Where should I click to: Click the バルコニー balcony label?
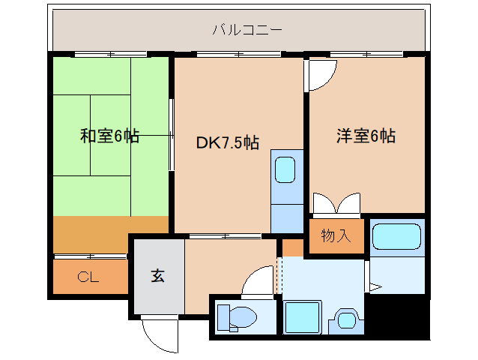pos(246,31)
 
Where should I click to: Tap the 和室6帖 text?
pos(109,136)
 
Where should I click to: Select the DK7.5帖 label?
pos(228,143)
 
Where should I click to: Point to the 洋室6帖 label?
pos(365,136)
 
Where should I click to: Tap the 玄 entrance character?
pos(158,275)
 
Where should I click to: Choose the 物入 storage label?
pos(336,236)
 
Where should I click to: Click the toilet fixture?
pos(237,317)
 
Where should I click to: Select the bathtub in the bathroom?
pos(398,238)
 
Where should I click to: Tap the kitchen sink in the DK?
pos(285,170)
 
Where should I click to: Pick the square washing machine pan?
pos(303,318)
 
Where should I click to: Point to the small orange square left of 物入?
pos(293,247)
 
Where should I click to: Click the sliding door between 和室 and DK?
pos(172,135)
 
